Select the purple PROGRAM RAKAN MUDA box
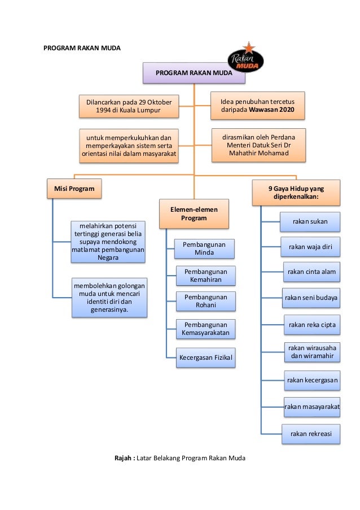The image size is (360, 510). pos(194,73)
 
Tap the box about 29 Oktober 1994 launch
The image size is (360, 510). pos(128,106)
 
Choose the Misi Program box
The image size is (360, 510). pos(74,188)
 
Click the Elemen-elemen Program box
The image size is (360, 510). pos(194,213)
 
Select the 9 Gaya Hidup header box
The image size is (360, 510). pos(296,193)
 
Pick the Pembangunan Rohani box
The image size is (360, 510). pos(205,301)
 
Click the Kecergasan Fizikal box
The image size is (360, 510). pos(205,358)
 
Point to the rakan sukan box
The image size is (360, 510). pos(310,221)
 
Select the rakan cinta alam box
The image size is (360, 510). pos(311,272)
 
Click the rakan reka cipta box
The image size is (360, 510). pos(311,325)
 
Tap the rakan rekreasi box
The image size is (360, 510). pos(311,434)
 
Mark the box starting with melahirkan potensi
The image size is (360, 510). pos(108,242)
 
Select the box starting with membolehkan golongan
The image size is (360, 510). pos(109,297)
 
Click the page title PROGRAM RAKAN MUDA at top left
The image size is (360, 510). pos(82,49)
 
